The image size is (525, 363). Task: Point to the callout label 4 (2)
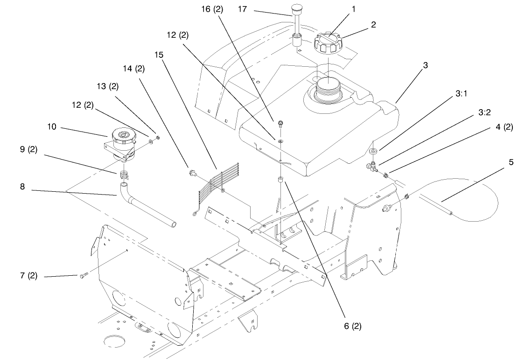tap(501, 126)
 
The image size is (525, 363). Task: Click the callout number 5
tap(511, 162)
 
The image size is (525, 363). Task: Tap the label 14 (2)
tap(133, 69)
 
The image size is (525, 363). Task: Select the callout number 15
tap(159, 55)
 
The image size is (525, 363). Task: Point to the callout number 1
tap(353, 9)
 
